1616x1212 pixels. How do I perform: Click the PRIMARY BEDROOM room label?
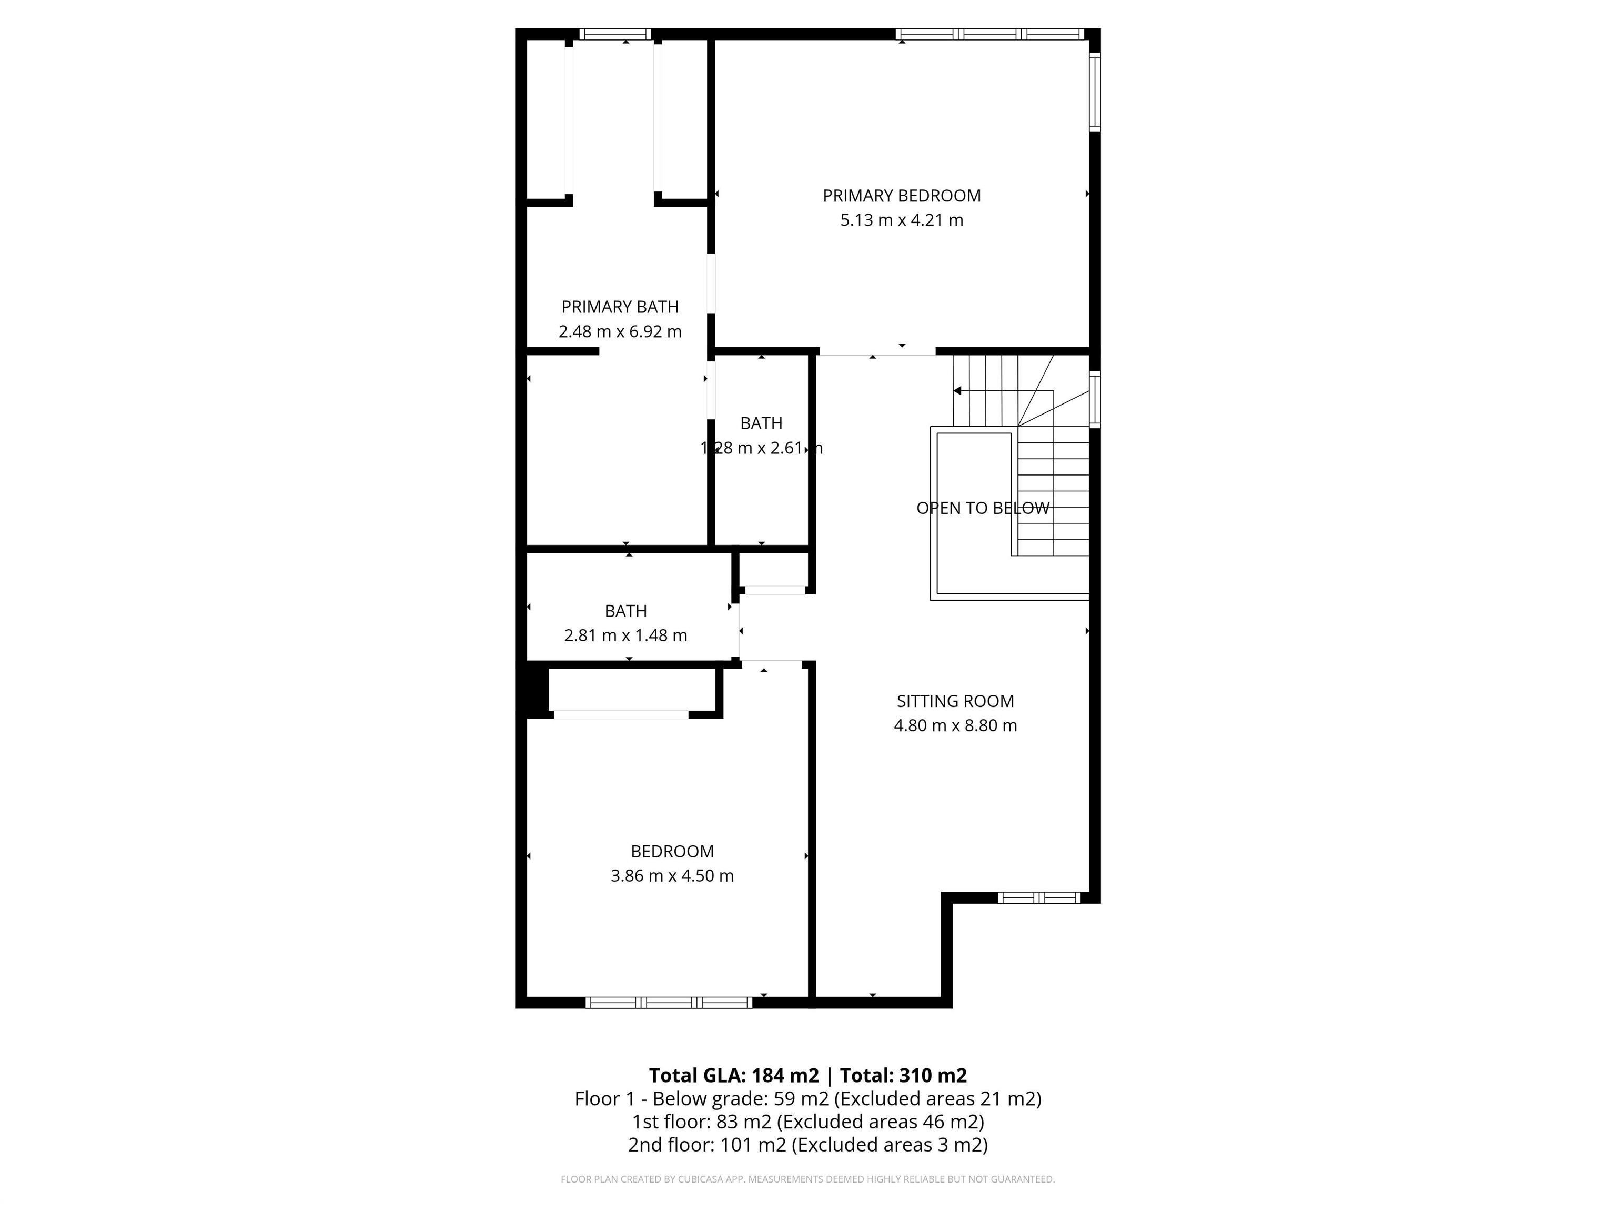(902, 196)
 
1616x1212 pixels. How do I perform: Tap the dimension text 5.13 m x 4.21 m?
(902, 220)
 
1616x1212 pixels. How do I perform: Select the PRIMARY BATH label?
(620, 307)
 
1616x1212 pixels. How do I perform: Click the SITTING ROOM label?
(955, 701)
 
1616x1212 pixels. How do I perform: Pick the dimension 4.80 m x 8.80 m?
(955, 725)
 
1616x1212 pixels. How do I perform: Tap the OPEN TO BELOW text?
(983, 508)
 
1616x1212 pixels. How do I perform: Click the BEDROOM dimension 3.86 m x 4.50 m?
(672, 876)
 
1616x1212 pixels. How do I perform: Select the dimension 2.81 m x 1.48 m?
(625, 635)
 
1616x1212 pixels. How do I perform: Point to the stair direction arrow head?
(957, 391)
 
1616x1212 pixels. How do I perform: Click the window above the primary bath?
(615, 34)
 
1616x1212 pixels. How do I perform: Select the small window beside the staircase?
(1094, 400)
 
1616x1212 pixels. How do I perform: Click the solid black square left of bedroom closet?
(536, 690)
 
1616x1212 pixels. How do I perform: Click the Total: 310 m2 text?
(903, 1075)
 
